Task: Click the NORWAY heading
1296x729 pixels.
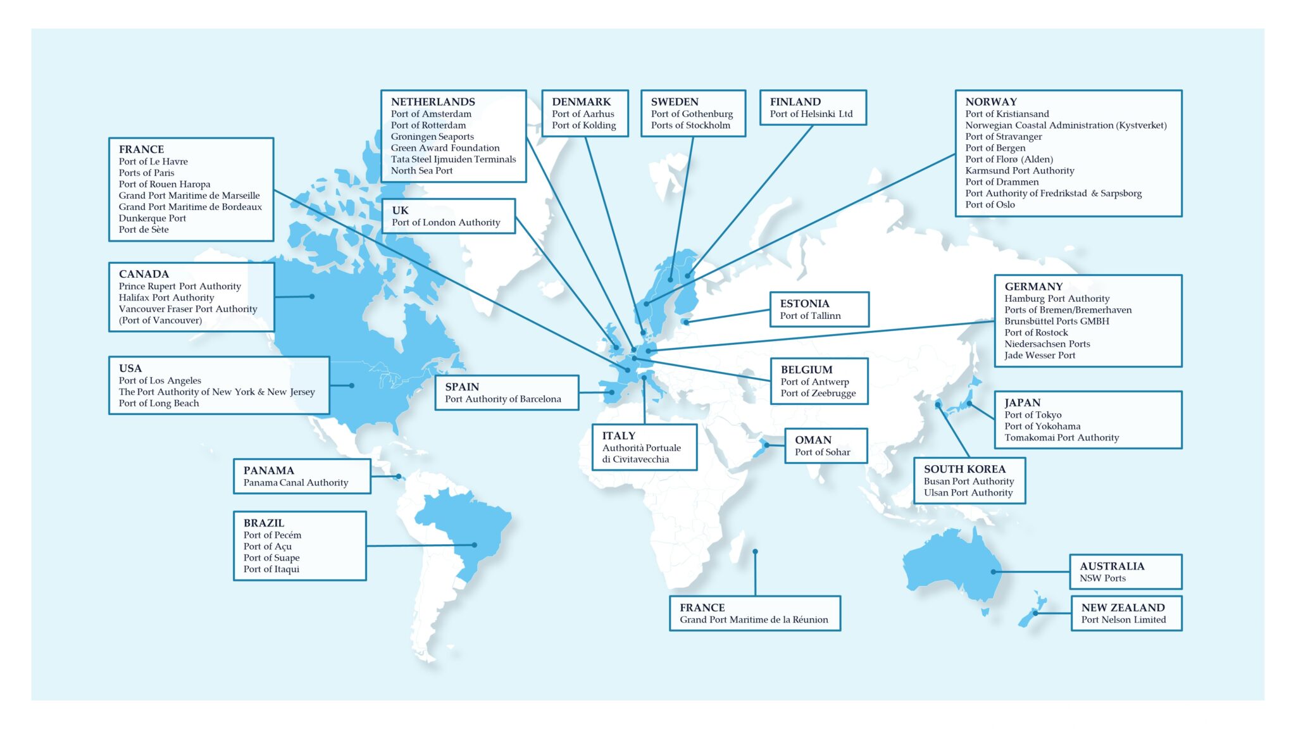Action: point(991,102)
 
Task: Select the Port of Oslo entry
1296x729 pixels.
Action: point(990,204)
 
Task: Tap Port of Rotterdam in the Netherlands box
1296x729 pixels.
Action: point(428,125)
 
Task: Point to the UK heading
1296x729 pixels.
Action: point(400,211)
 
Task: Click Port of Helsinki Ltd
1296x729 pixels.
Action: point(811,114)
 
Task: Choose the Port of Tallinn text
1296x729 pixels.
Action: point(810,316)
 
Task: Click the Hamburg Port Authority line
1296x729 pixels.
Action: point(1056,299)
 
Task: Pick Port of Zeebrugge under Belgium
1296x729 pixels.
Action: point(818,393)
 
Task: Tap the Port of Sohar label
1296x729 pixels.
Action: point(822,452)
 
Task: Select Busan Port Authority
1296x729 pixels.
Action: point(968,481)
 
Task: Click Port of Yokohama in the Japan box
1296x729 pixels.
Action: point(1042,426)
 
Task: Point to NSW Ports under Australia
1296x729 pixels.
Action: point(1102,578)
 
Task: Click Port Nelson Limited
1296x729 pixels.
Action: point(1123,620)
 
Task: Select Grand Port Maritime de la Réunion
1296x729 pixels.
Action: point(753,620)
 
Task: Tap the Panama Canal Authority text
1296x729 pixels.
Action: point(296,482)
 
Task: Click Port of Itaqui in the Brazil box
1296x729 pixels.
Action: point(271,569)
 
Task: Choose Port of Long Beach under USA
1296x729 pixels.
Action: point(158,403)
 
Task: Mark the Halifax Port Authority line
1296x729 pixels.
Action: point(166,297)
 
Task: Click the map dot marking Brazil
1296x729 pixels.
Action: point(475,545)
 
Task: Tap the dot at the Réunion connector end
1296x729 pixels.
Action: point(755,552)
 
